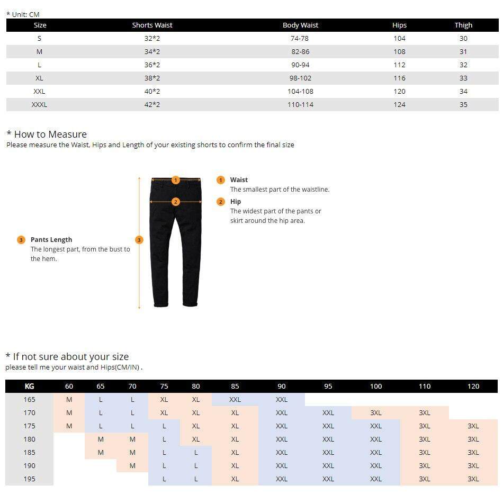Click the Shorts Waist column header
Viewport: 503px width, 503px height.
coord(152,25)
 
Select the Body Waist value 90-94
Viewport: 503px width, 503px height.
coord(300,65)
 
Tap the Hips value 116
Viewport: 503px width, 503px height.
coord(399,78)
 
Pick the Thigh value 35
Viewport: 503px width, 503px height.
coord(463,104)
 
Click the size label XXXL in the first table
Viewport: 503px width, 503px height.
coord(39,104)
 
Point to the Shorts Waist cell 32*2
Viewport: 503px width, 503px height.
coord(152,38)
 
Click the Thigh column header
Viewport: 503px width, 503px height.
coord(463,25)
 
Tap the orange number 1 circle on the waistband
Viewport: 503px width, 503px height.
coord(176,180)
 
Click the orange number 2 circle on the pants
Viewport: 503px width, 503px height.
coord(176,202)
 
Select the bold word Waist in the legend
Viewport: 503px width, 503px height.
coord(239,180)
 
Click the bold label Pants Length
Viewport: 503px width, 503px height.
coord(51,240)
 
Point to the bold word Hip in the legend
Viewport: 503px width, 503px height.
coord(236,202)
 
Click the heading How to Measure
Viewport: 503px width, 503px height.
coord(50,134)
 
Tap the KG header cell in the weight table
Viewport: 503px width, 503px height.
coord(29,386)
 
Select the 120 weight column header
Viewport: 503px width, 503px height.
coord(473,386)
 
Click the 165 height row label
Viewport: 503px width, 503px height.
coord(29,399)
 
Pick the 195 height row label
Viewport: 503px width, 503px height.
coord(29,479)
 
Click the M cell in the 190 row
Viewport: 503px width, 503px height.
coord(132,465)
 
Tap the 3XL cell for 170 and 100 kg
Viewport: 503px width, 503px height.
coord(376,412)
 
